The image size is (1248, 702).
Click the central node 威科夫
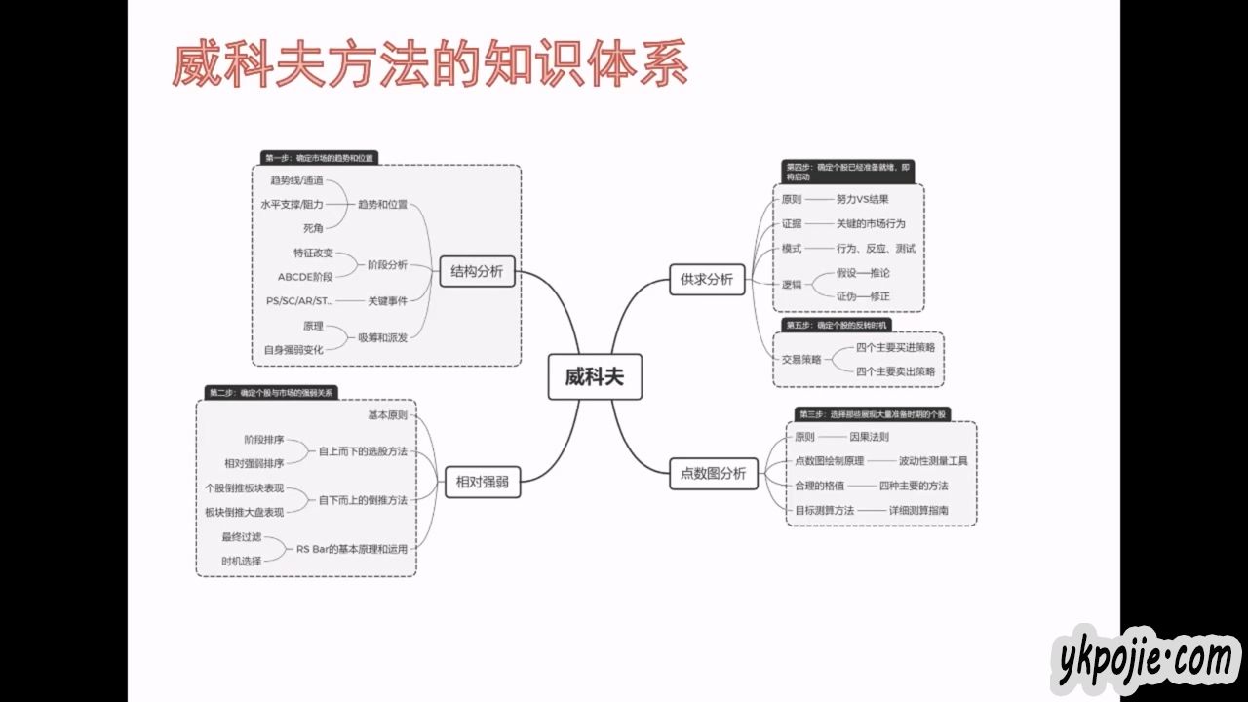pyautogui.click(x=594, y=377)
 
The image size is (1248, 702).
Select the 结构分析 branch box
pyautogui.click(x=477, y=272)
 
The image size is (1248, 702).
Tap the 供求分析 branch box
pyautogui.click(x=706, y=280)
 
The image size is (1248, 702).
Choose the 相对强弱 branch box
pyautogui.click(x=482, y=481)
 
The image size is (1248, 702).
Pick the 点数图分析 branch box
pyautogui.click(x=713, y=474)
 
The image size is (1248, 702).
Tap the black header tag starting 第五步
pyautogui.click(x=837, y=325)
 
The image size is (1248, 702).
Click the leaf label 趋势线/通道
pyautogui.click(x=296, y=180)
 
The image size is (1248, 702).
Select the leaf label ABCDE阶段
pyautogui.click(x=305, y=277)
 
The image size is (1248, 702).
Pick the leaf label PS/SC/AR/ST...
pyautogui.click(x=299, y=301)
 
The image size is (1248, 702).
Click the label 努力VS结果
pyautogui.click(x=862, y=200)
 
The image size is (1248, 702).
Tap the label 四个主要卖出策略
pyautogui.click(x=895, y=371)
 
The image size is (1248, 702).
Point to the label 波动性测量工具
pyautogui.click(x=933, y=461)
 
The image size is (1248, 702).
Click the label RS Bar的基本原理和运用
pyautogui.click(x=352, y=549)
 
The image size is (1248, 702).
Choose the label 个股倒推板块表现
pyautogui.click(x=245, y=487)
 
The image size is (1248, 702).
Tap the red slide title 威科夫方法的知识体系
pyautogui.click(x=430, y=65)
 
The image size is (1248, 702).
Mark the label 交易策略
pyautogui.click(x=801, y=359)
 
